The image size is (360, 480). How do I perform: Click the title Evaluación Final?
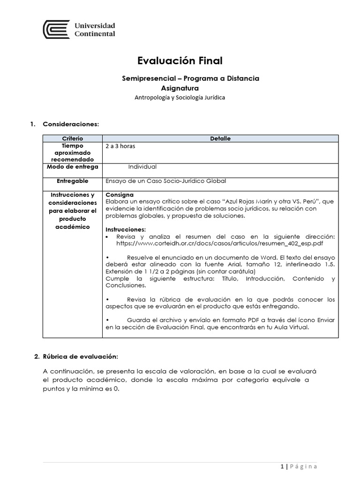click(x=180, y=60)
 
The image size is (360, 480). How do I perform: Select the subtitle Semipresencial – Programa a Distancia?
click(x=190, y=78)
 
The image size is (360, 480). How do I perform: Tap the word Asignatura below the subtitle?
click(x=180, y=88)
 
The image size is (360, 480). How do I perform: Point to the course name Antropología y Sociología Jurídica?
click(x=180, y=97)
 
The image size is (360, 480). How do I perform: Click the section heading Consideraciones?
click(x=71, y=124)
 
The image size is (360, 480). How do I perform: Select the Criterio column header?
click(x=72, y=139)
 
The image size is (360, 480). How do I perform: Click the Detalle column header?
click(x=220, y=139)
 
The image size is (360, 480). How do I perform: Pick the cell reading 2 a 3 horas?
click(x=120, y=146)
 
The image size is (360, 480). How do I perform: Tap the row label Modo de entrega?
click(x=72, y=167)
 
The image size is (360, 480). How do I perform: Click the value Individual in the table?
click(x=142, y=166)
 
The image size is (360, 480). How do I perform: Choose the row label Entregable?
click(x=72, y=181)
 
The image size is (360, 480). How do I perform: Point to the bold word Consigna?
click(x=120, y=195)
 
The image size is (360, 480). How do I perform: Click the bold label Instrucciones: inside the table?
click(x=126, y=230)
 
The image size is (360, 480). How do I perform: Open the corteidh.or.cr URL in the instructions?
click(x=219, y=243)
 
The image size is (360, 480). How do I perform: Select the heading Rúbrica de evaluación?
click(x=80, y=357)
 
